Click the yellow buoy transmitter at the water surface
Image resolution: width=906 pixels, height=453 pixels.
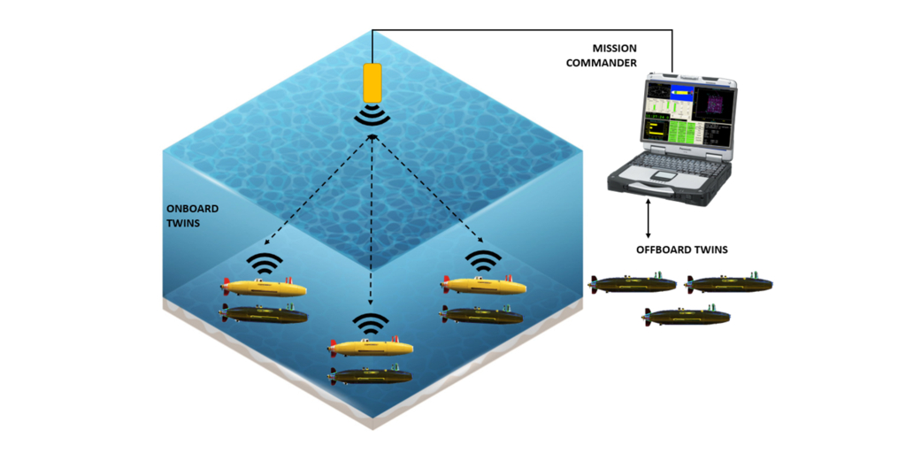[x=372, y=81]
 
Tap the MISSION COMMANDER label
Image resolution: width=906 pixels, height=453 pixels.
[x=626, y=55]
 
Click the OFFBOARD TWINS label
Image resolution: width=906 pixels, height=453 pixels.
[x=682, y=250]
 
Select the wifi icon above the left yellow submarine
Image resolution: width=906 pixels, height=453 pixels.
[x=265, y=263]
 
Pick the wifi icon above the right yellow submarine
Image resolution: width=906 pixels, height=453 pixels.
[x=483, y=261]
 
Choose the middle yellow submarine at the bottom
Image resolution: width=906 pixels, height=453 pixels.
[x=370, y=348]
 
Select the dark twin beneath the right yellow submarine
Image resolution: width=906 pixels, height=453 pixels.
[x=483, y=314]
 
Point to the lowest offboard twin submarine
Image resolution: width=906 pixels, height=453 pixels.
[x=687, y=316]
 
